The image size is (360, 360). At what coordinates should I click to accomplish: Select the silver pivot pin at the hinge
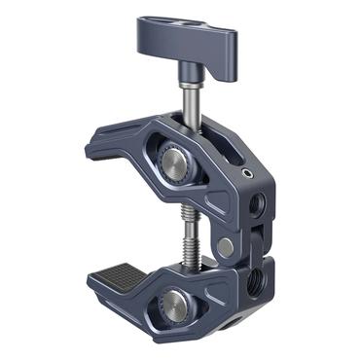tap(226, 248)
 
